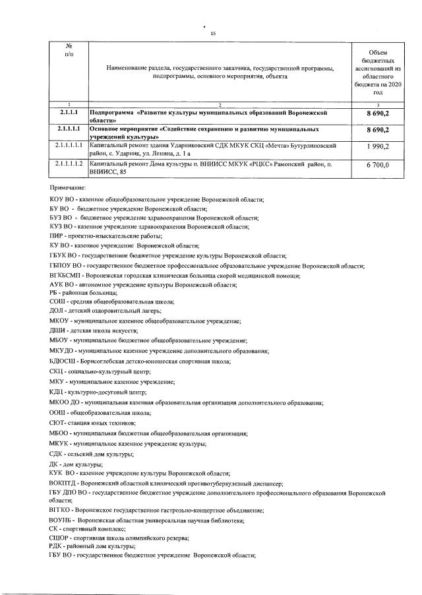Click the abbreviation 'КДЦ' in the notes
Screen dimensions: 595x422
coord(57,392)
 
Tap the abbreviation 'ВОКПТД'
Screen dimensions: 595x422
coord(65,483)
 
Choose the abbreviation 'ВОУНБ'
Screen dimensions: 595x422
coord(62,520)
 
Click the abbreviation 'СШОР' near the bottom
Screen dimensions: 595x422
coord(60,538)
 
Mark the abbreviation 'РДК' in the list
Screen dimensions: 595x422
coord(57,546)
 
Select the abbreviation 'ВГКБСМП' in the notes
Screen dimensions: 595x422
coord(67,275)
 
